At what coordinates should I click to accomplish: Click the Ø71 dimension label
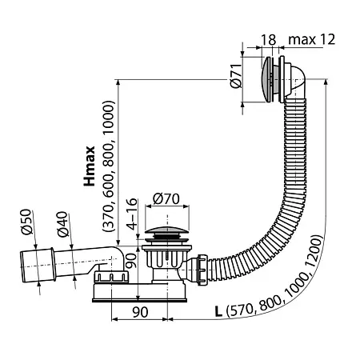tap(236, 76)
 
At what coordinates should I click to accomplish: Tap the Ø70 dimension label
tap(166, 199)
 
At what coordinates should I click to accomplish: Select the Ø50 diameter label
tap(26, 222)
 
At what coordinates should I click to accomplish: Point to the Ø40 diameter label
tap(63, 224)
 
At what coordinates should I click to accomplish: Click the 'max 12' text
tap(311, 39)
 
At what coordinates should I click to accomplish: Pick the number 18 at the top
tap(268, 40)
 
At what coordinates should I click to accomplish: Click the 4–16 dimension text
tap(132, 214)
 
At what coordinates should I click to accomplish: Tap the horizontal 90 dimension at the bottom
tap(140, 312)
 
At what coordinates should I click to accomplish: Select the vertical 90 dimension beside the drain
tap(131, 261)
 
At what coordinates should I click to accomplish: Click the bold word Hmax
tap(90, 166)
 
